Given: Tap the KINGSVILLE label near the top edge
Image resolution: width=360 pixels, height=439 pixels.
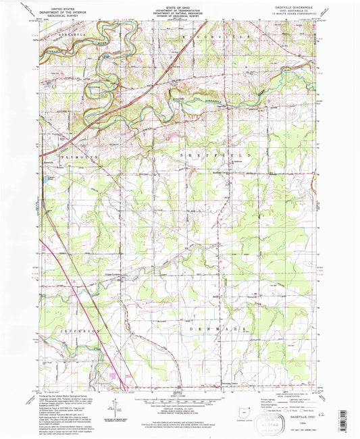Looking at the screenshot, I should point(209,32).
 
